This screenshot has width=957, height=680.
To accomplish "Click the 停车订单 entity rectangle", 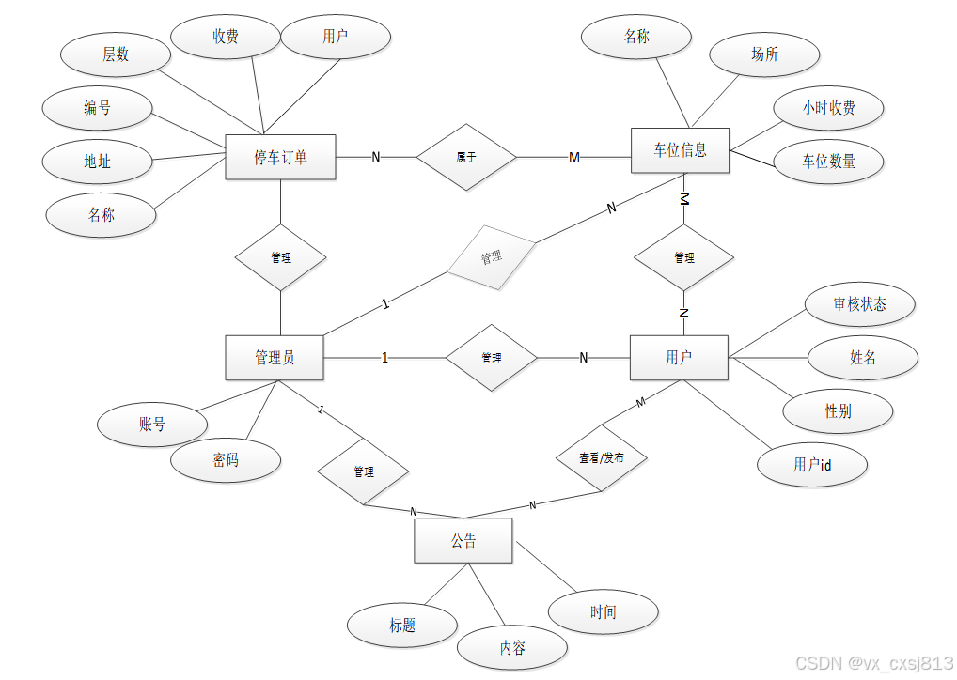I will (280, 157).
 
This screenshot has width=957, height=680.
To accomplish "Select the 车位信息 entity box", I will (680, 150).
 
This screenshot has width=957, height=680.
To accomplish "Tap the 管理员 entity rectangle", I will (275, 358).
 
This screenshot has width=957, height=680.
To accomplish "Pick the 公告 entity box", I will (463, 541).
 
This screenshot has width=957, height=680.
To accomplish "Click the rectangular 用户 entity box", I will (679, 358).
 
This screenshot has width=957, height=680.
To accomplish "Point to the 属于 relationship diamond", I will (466, 157).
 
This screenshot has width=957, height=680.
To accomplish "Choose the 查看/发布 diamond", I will (601, 458).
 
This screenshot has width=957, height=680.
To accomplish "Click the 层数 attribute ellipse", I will (116, 54).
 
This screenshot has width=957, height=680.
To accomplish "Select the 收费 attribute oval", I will (226, 37).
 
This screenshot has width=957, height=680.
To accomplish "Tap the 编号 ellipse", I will (98, 108).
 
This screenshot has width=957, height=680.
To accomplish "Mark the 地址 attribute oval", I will (98, 162).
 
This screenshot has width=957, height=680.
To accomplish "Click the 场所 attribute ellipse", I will (764, 54).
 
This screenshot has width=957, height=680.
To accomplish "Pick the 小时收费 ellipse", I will (828, 108).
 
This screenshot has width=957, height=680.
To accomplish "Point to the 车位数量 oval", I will (828, 162).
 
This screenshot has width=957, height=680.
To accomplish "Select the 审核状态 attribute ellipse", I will (860, 304).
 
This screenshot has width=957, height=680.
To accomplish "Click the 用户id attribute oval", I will (812, 465).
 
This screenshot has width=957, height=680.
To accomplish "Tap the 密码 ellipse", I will (226, 460).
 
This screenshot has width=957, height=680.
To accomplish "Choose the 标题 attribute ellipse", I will (402, 626).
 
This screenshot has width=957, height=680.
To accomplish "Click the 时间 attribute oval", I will (604, 612).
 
